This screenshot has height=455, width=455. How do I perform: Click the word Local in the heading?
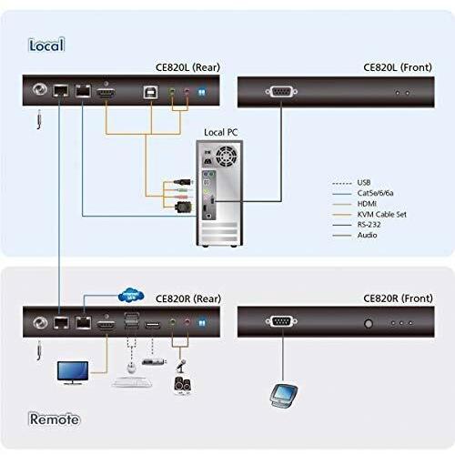click(x=46, y=45)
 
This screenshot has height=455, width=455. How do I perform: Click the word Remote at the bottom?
click(x=55, y=420)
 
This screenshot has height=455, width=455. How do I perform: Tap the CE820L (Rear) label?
click(x=187, y=67)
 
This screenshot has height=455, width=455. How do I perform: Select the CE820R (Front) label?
click(x=398, y=298)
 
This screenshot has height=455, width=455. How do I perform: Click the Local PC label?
click(x=220, y=132)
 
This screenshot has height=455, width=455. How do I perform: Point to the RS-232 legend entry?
click(x=369, y=225)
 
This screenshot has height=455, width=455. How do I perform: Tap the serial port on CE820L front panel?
click(x=281, y=92)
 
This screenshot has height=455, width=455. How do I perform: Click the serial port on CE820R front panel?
click(x=281, y=321)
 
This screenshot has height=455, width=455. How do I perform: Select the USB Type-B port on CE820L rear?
click(x=151, y=92)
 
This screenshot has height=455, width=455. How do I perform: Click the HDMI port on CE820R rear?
click(x=106, y=324)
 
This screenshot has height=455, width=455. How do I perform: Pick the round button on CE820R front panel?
click(x=369, y=324)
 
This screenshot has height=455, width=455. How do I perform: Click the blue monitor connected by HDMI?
click(x=73, y=373)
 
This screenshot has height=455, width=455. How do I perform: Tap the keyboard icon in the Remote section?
click(x=132, y=382)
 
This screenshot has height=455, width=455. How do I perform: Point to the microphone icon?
click(x=180, y=366)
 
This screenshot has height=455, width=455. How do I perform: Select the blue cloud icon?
click(x=131, y=295)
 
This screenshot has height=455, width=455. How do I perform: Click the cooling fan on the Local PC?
click(x=227, y=157)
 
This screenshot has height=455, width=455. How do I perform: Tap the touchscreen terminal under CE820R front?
click(x=284, y=395)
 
